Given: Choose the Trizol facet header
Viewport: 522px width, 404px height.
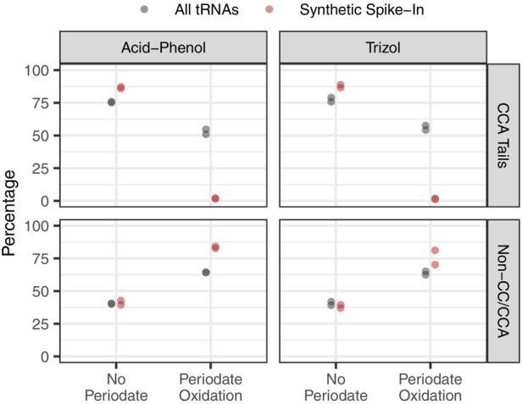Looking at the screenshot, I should [x=382, y=47].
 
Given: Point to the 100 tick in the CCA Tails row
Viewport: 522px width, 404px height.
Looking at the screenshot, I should [x=39, y=69].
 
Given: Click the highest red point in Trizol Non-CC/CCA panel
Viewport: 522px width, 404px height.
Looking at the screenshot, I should [x=435, y=251].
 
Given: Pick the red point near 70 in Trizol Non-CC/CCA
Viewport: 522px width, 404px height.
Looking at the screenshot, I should [x=435, y=264].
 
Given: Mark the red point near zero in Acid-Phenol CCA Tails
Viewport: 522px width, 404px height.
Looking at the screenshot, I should [x=215, y=198].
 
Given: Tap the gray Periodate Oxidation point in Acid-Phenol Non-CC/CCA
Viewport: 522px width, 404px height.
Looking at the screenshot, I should [x=206, y=272].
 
